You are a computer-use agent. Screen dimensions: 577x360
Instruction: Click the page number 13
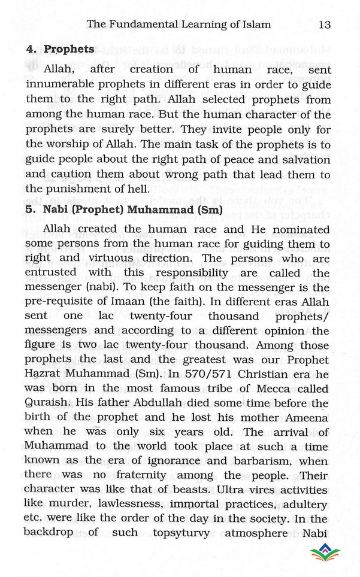click(325, 25)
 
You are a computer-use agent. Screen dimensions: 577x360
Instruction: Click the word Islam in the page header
click(255, 25)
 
